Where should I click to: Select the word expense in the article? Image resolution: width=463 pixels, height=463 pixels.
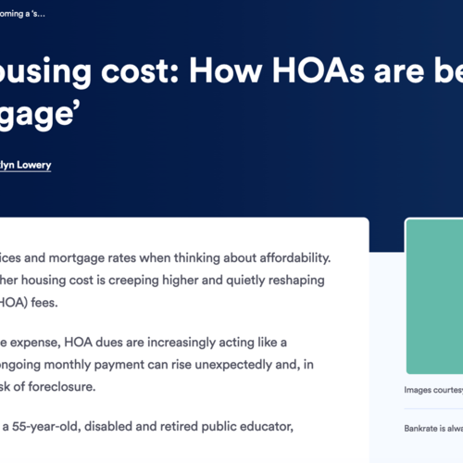pos(40,344)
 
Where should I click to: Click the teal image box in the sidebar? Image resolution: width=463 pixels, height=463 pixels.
pos(434,296)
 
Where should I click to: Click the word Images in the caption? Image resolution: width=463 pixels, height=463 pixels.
pos(422,390)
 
